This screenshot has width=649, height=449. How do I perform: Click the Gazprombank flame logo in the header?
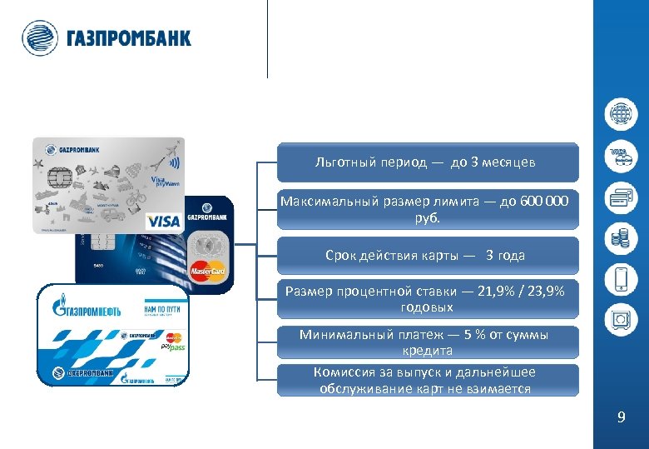40,37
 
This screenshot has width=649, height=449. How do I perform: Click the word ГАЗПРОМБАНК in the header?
127,38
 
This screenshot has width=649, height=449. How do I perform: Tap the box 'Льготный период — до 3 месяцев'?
427,162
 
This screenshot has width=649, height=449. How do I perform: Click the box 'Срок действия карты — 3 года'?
427,255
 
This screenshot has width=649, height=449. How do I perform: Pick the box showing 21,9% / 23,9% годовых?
427,299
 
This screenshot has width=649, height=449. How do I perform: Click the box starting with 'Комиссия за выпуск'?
427,381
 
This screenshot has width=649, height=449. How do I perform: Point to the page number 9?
621,417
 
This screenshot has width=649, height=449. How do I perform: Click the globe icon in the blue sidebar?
621,114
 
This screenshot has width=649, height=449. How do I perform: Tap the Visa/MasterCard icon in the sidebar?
621,157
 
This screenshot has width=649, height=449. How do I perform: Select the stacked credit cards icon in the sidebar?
621,197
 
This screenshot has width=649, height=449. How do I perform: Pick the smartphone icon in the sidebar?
621,278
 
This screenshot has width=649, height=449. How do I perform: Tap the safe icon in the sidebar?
621,319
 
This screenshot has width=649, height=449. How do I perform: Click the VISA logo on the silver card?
163,222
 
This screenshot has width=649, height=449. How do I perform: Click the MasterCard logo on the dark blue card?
207,270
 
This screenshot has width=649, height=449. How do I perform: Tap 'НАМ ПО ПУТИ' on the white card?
165,309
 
